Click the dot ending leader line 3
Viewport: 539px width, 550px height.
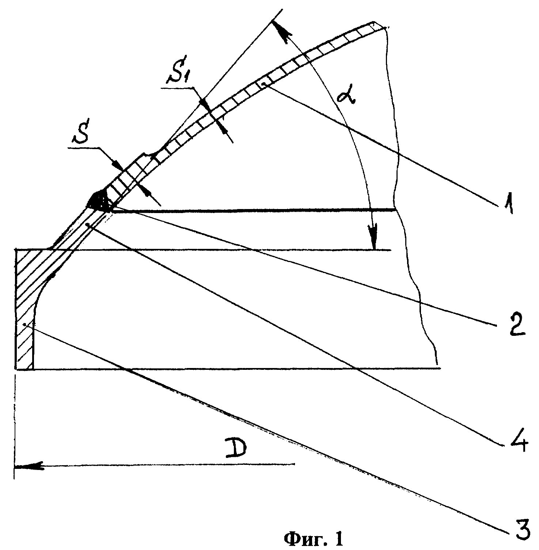coord(24,324)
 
